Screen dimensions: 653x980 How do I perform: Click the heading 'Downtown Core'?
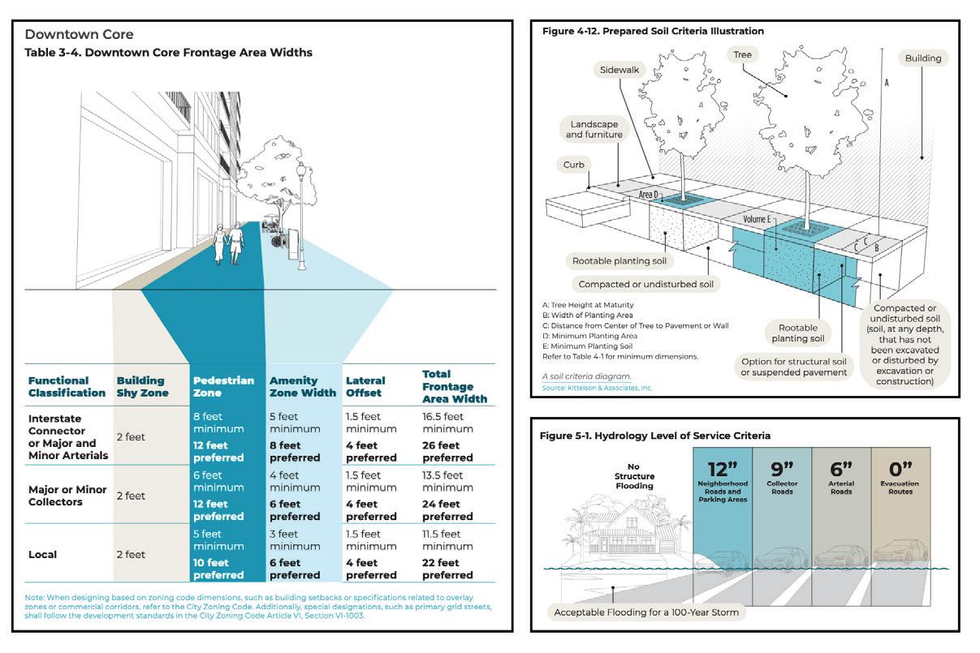(x=79, y=35)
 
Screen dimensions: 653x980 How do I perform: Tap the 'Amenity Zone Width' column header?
(x=302, y=387)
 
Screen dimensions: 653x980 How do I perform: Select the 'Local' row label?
(x=45, y=555)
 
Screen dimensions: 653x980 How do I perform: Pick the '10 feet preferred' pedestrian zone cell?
(x=218, y=569)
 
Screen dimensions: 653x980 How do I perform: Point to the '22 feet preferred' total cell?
(x=447, y=569)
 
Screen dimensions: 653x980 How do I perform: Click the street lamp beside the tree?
(x=301, y=215)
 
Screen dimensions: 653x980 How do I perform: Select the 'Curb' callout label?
(x=574, y=165)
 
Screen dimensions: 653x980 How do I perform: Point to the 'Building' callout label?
(x=923, y=58)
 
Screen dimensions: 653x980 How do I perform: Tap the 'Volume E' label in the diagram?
(x=762, y=219)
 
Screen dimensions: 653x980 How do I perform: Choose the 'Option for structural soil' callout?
(x=792, y=367)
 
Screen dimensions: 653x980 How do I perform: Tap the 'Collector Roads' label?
(x=782, y=488)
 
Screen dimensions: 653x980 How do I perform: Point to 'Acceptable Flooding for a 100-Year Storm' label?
(x=646, y=612)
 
